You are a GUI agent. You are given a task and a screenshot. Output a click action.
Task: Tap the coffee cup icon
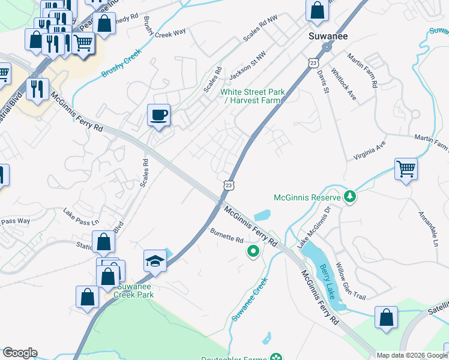pyautogui.click(x=158, y=115)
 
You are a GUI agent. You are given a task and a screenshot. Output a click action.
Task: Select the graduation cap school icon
pyautogui.click(x=155, y=261)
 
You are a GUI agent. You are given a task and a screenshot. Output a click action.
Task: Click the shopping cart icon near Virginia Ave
pyautogui.click(x=406, y=169)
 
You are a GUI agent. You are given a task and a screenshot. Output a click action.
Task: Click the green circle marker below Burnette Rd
pyautogui.click(x=253, y=251)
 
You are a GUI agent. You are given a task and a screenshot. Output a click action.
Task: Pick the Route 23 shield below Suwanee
pyautogui.click(x=312, y=62)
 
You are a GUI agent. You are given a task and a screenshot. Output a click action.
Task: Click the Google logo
pyautogui.click(x=20, y=353)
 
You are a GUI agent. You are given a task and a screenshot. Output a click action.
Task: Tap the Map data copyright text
pyautogui.click(x=411, y=355)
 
